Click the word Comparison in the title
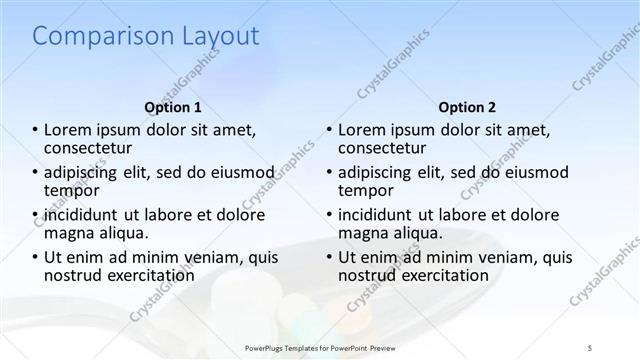point(93,37)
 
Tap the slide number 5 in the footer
point(590,347)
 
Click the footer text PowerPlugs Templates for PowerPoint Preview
point(321,347)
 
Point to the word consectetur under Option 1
point(93,147)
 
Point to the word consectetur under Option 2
point(386,147)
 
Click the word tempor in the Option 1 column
point(72,189)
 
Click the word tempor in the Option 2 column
point(365,189)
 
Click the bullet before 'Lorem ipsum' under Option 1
point(36,130)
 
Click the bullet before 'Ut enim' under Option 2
point(329,257)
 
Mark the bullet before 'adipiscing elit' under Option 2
point(329,172)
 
